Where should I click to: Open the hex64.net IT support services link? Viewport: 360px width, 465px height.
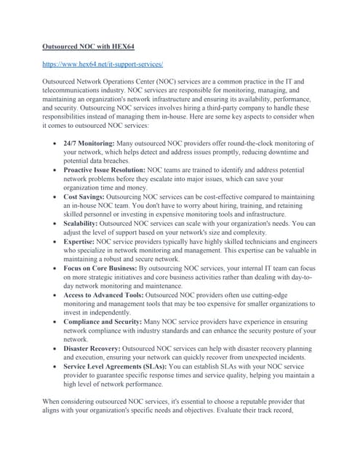(x=103, y=65)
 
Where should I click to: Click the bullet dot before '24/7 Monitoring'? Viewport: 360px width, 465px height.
(x=55, y=145)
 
